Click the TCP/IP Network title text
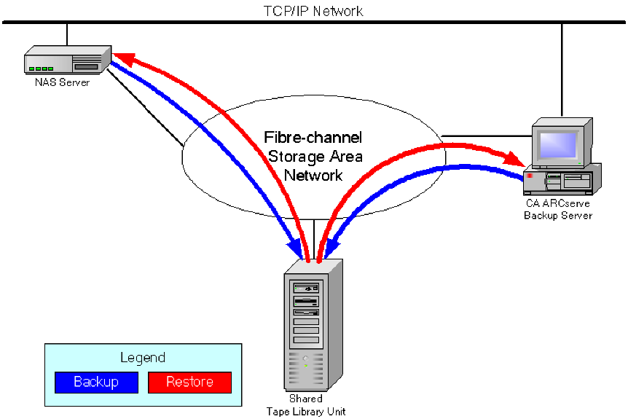coord(313,11)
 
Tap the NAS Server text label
coord(62,82)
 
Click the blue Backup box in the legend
coord(96,382)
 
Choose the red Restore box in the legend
coord(189,382)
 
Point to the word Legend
coord(143,358)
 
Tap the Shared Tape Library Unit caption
coord(306,406)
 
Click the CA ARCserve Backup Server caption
coord(559,210)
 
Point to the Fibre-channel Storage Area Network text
coord(313,156)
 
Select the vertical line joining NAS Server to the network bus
coord(67,34)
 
